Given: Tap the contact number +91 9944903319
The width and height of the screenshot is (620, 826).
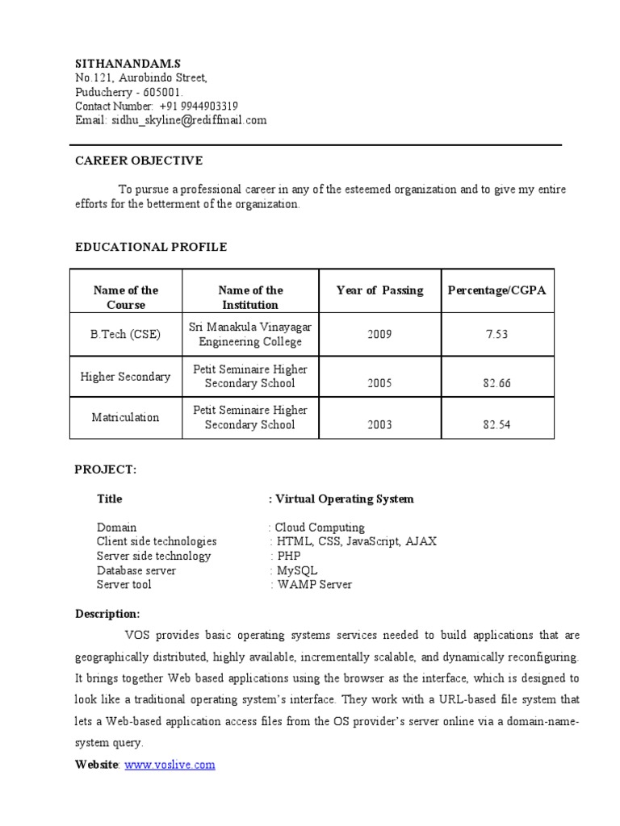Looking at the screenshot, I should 198,106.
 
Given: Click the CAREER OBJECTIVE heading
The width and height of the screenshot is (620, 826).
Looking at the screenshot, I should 139,161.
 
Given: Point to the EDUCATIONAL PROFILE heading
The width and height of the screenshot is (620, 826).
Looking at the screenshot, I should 151,247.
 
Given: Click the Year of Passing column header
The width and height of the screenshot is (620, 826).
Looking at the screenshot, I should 379,290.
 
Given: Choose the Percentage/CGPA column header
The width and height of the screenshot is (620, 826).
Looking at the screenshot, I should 496,290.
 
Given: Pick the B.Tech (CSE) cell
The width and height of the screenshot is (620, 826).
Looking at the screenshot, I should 125,335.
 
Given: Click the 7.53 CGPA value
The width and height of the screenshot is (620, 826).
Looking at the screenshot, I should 496,335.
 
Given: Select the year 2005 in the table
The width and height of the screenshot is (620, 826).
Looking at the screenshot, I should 379,384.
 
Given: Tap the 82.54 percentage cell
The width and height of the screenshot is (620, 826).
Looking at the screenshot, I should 496,425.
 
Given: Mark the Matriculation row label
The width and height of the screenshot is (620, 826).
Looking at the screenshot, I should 125,418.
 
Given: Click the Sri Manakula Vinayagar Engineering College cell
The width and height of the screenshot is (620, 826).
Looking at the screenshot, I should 249,334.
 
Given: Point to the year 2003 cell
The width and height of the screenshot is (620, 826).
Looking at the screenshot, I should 379,425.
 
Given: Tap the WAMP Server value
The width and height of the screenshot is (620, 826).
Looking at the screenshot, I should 314,585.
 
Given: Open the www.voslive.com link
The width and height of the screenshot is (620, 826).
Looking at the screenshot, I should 170,765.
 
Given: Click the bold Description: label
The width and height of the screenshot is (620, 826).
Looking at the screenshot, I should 107,614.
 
